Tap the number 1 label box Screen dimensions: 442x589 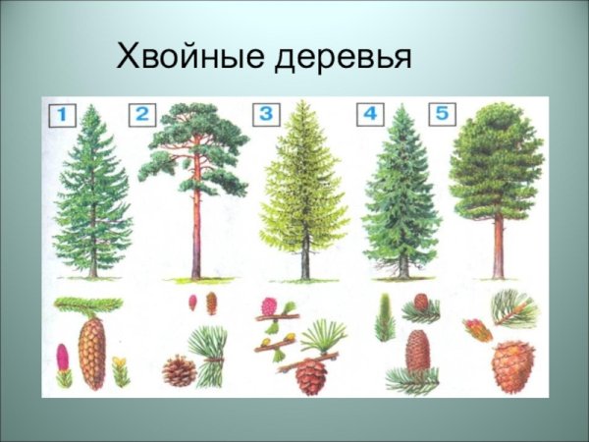pyautogui.click(x=61, y=114)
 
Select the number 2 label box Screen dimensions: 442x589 pyautogui.click(x=141, y=114)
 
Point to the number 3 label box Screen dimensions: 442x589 pyautogui.click(x=266, y=114)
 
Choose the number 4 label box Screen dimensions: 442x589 pyautogui.click(x=370, y=114)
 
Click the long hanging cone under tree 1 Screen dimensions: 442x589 pyautogui.click(x=92, y=351)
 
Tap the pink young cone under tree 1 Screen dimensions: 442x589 pyautogui.click(x=63, y=358)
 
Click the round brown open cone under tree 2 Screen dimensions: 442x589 pyautogui.click(x=179, y=370)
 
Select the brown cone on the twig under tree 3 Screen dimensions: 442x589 pyautogui.click(x=310, y=375)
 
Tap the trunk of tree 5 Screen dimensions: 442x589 pyautogui.click(x=498, y=246)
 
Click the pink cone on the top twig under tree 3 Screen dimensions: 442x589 pyautogui.click(x=269, y=306)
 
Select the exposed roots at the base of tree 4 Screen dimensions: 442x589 pyautogui.click(x=402, y=269)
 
